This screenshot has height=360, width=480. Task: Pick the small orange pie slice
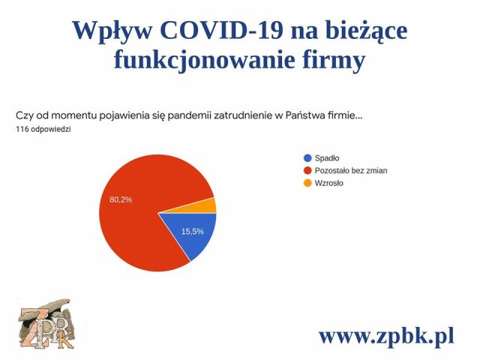(x=206, y=205)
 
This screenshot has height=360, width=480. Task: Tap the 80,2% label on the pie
(x=121, y=199)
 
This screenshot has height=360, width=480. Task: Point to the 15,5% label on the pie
(x=192, y=231)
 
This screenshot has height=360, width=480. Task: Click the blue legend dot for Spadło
(x=307, y=157)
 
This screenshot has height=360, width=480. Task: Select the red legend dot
(x=307, y=170)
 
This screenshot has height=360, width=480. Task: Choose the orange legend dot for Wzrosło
(x=307, y=183)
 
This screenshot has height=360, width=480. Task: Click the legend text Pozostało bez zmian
(x=351, y=170)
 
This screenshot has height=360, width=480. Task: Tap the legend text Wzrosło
(x=329, y=183)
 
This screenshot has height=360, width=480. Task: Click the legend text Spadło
(x=327, y=157)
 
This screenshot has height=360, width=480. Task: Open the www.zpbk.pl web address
(x=386, y=335)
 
